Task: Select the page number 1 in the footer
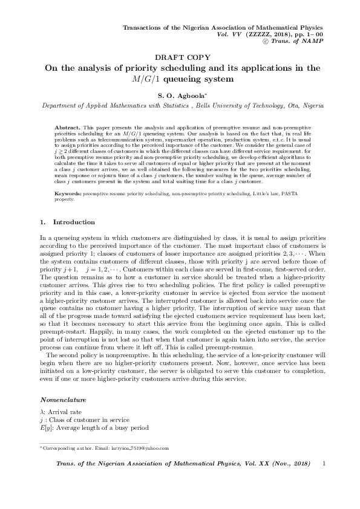pyautogui.click(x=325, y=464)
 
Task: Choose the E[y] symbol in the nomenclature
pyautogui.click(x=46, y=428)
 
